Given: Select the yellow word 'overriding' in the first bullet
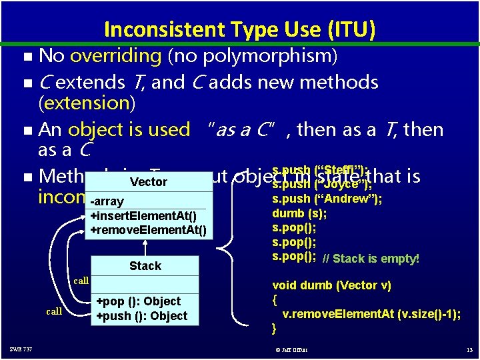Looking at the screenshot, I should coord(115,56).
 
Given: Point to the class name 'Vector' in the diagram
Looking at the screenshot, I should coord(149,182).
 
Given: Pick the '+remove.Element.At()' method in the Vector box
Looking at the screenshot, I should coord(148,231).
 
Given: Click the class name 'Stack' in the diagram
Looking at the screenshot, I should coord(145,266).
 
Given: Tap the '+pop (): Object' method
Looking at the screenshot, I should coord(139,301).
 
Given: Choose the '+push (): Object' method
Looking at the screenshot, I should coord(142,316).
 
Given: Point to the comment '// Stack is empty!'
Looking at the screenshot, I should coord(371,259).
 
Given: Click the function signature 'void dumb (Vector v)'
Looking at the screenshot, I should coord(331,285).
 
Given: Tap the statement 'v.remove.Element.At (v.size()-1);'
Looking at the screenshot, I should coord(371,315).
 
